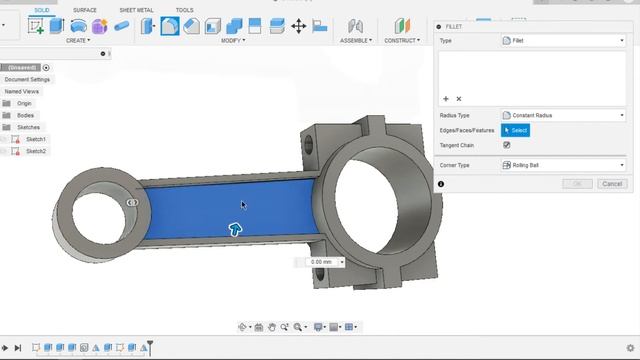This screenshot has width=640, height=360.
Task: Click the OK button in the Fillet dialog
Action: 577,184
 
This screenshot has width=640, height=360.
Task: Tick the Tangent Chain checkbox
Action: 506,145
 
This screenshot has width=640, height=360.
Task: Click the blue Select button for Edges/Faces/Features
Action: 515,130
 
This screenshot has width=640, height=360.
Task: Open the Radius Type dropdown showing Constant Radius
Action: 563,115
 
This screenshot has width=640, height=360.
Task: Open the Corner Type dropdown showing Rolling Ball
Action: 563,165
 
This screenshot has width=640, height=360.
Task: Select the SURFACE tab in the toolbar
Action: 85,10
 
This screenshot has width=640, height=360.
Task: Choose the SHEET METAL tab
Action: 136,10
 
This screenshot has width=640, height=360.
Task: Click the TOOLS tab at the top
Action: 185,10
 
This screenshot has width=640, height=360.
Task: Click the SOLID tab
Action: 41,10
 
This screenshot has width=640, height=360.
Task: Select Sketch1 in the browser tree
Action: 36,139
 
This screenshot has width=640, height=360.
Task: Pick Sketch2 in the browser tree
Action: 36,151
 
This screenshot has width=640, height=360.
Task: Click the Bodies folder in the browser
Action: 25,115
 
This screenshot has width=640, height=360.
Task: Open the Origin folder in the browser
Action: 24,103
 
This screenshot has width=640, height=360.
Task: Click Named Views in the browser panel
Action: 22,91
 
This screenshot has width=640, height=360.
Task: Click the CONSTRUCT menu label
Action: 403,41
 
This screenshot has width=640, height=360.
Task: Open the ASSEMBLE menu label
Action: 356,41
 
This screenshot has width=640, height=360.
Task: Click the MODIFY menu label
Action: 233,41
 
